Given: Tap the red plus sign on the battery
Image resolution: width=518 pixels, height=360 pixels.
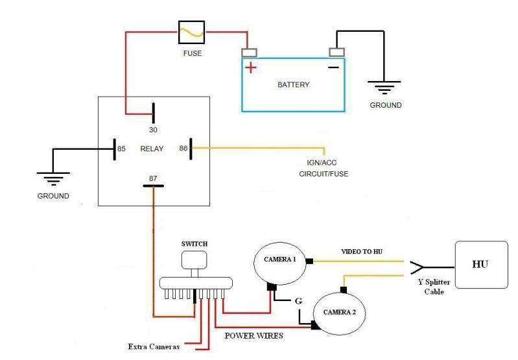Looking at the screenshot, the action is click(251, 67).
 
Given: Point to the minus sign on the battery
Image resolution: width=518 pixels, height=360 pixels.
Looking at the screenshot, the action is click(333, 67).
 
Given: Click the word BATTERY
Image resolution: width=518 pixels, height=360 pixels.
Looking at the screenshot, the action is click(293, 84).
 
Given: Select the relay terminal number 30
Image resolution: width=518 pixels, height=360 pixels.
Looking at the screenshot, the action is click(153, 130).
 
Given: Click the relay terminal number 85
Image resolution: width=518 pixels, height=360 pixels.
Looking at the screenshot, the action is click(121, 149).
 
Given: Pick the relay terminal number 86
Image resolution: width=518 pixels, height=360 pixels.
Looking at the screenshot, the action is click(183, 149).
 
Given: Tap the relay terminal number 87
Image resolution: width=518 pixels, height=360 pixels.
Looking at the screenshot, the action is click(153, 178).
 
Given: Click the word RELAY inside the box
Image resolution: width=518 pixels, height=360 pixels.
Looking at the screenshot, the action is click(152, 149).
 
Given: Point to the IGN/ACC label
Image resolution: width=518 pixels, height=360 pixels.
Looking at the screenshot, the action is click(322, 163).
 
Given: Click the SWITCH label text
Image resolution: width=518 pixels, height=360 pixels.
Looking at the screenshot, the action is click(194, 244).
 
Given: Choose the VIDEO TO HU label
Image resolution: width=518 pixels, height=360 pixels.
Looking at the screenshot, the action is click(362, 252).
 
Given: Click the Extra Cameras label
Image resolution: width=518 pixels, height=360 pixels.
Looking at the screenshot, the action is click(154, 346).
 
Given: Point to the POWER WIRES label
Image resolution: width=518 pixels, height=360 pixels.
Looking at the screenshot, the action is click(253, 336).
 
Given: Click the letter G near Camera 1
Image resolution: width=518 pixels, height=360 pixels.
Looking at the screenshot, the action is click(298, 301).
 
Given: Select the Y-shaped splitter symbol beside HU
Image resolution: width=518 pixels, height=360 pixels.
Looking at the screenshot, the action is click(418, 267).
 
